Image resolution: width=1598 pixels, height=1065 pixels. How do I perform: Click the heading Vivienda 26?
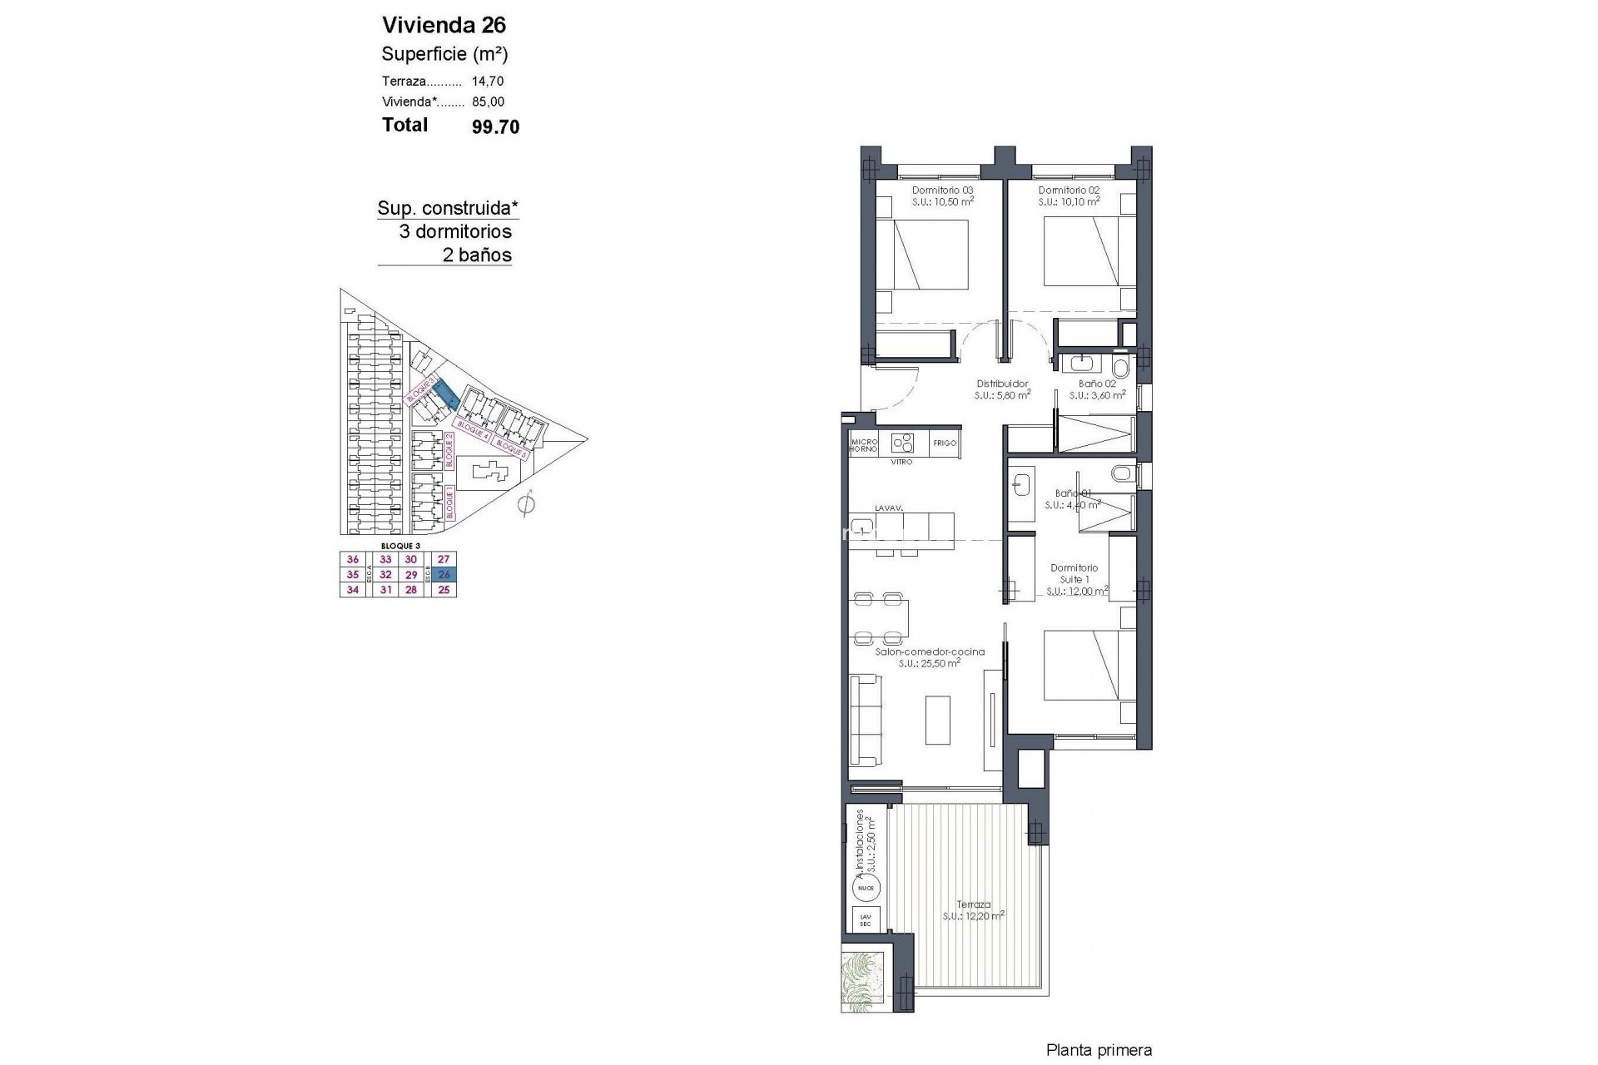(444, 25)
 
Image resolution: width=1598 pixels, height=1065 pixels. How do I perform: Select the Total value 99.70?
(495, 126)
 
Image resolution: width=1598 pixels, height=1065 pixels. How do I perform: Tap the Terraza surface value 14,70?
(488, 82)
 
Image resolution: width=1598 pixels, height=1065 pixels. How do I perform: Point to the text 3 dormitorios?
(455, 232)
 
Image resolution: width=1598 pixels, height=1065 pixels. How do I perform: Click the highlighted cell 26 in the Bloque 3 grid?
(444, 575)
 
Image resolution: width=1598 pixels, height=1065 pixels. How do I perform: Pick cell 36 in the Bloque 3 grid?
(353, 560)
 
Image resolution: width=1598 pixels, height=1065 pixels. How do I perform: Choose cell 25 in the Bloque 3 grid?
(444, 590)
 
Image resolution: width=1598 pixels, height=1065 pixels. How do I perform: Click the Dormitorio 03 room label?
(943, 191)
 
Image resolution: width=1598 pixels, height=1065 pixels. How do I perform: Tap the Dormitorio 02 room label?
(1069, 191)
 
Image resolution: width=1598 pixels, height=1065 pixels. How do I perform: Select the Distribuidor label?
(1002, 384)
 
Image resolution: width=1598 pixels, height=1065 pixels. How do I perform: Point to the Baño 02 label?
(1097, 384)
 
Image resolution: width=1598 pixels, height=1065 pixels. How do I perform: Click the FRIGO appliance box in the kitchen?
(945, 443)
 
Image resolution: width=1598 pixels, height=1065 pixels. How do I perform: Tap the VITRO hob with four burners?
(902, 442)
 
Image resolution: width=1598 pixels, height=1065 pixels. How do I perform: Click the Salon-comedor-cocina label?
(930, 652)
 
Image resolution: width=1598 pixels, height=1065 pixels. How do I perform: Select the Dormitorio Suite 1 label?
(1074, 573)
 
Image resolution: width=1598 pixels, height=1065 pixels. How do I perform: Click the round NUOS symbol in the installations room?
(866, 889)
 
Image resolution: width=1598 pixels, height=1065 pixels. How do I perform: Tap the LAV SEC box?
(865, 920)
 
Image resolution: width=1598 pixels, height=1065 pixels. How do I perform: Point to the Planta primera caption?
(1099, 1051)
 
